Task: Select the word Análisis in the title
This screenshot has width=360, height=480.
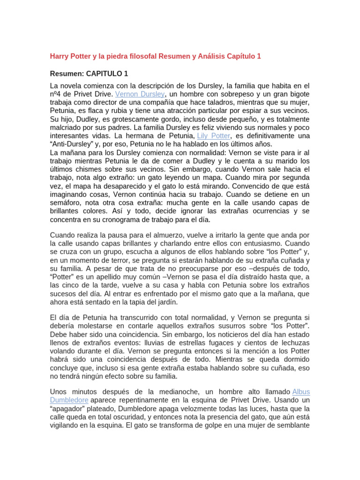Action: point(212,56)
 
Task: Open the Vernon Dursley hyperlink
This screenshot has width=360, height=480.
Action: point(140,94)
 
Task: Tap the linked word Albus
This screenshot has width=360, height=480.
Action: point(301,391)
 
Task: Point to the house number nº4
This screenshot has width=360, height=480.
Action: point(57,94)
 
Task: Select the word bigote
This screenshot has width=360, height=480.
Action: point(297,94)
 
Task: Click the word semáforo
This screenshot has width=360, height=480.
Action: point(67,202)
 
